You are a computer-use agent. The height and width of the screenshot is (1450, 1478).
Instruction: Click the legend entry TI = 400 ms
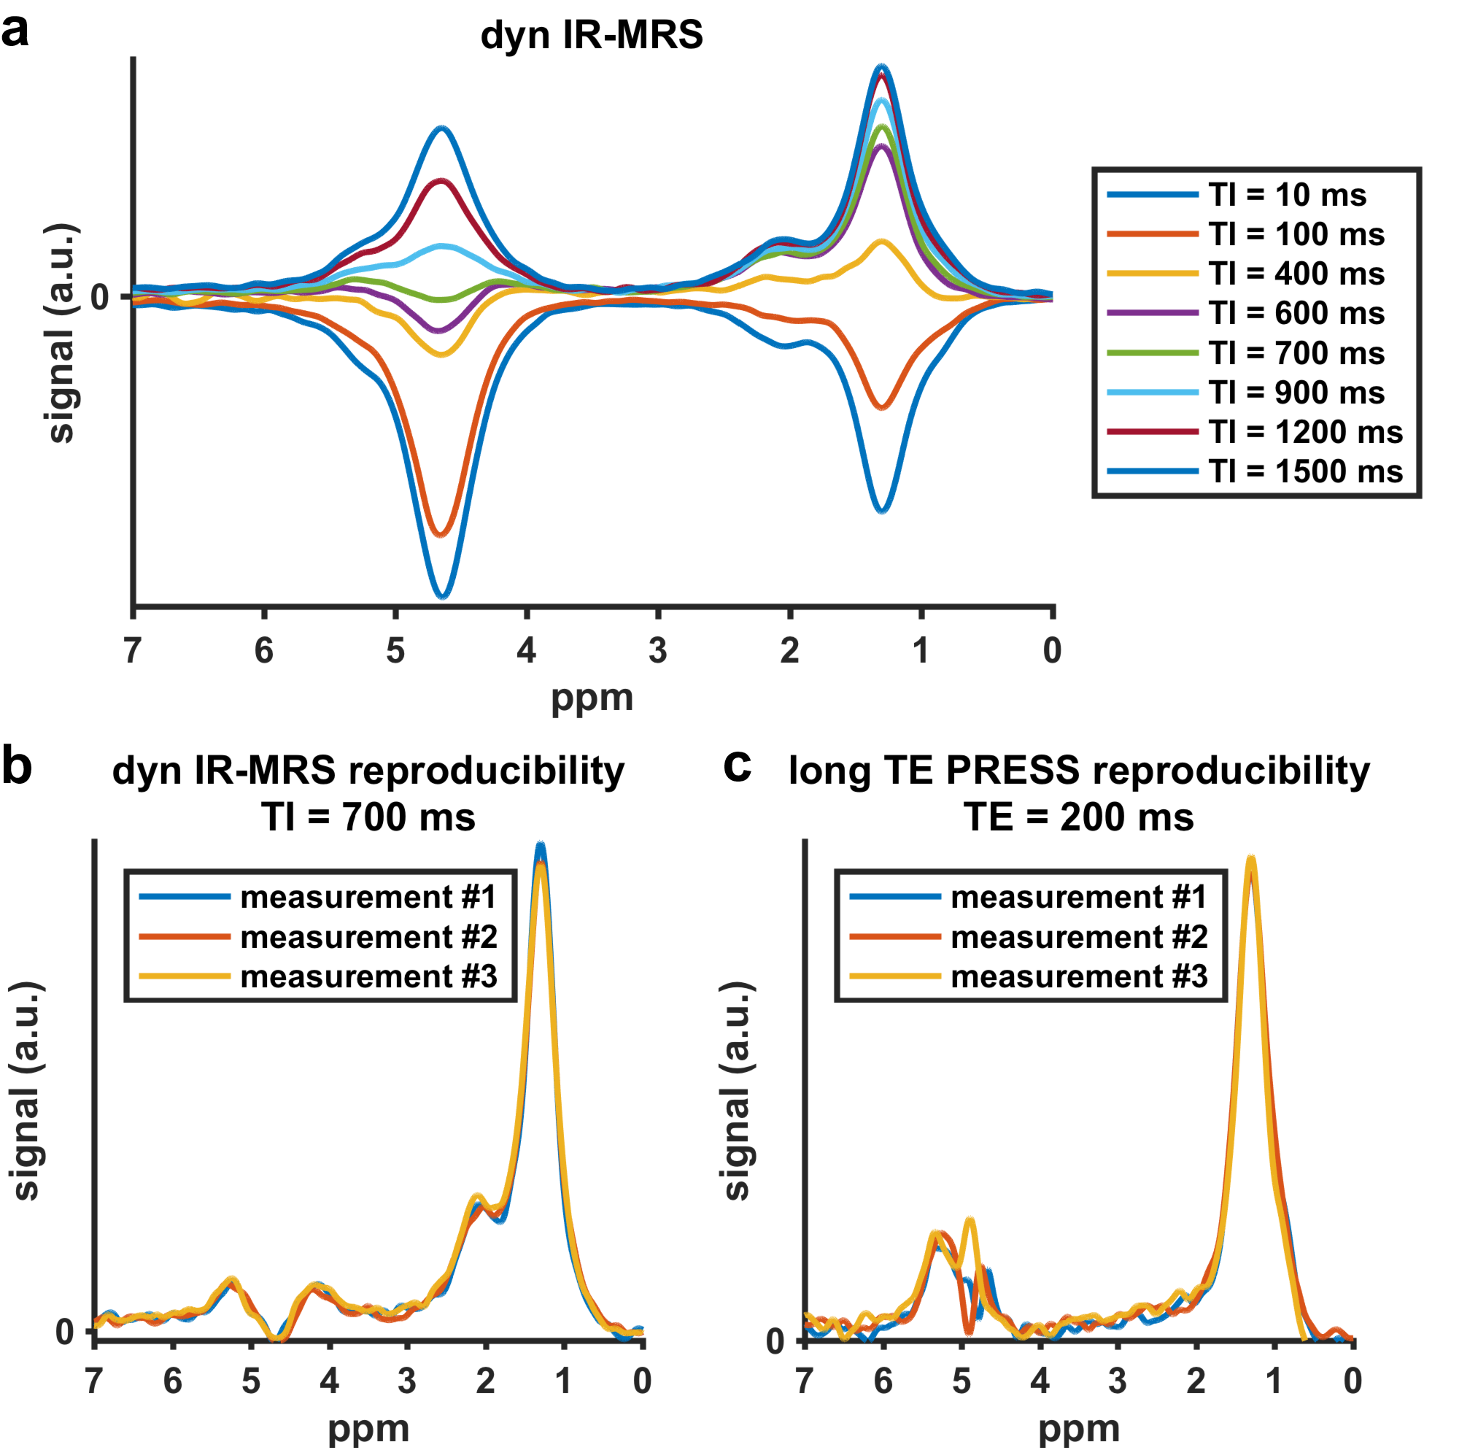pos(1295,274)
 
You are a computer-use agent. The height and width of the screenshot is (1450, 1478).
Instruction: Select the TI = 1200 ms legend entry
pos(1304,432)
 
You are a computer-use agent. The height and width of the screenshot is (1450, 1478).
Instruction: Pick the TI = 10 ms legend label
pos(1286,195)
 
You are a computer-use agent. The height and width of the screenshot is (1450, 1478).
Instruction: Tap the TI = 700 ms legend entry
pos(1295,353)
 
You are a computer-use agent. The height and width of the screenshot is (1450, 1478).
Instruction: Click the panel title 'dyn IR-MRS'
pos(591,35)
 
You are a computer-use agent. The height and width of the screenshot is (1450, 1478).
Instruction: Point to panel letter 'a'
pos(15,31)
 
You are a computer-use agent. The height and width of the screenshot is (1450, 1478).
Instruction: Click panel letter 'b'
pos(17,766)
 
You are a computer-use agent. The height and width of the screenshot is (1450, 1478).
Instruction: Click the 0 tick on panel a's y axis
pos(100,297)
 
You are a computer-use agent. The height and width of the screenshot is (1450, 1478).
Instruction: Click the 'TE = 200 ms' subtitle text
pos(1078,817)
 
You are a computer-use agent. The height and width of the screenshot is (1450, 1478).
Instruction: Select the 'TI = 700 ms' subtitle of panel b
pos(368,817)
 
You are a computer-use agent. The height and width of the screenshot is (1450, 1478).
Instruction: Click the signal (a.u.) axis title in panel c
pos(735,1090)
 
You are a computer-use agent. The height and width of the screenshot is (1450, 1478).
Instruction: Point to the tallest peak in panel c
pos(1250,860)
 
